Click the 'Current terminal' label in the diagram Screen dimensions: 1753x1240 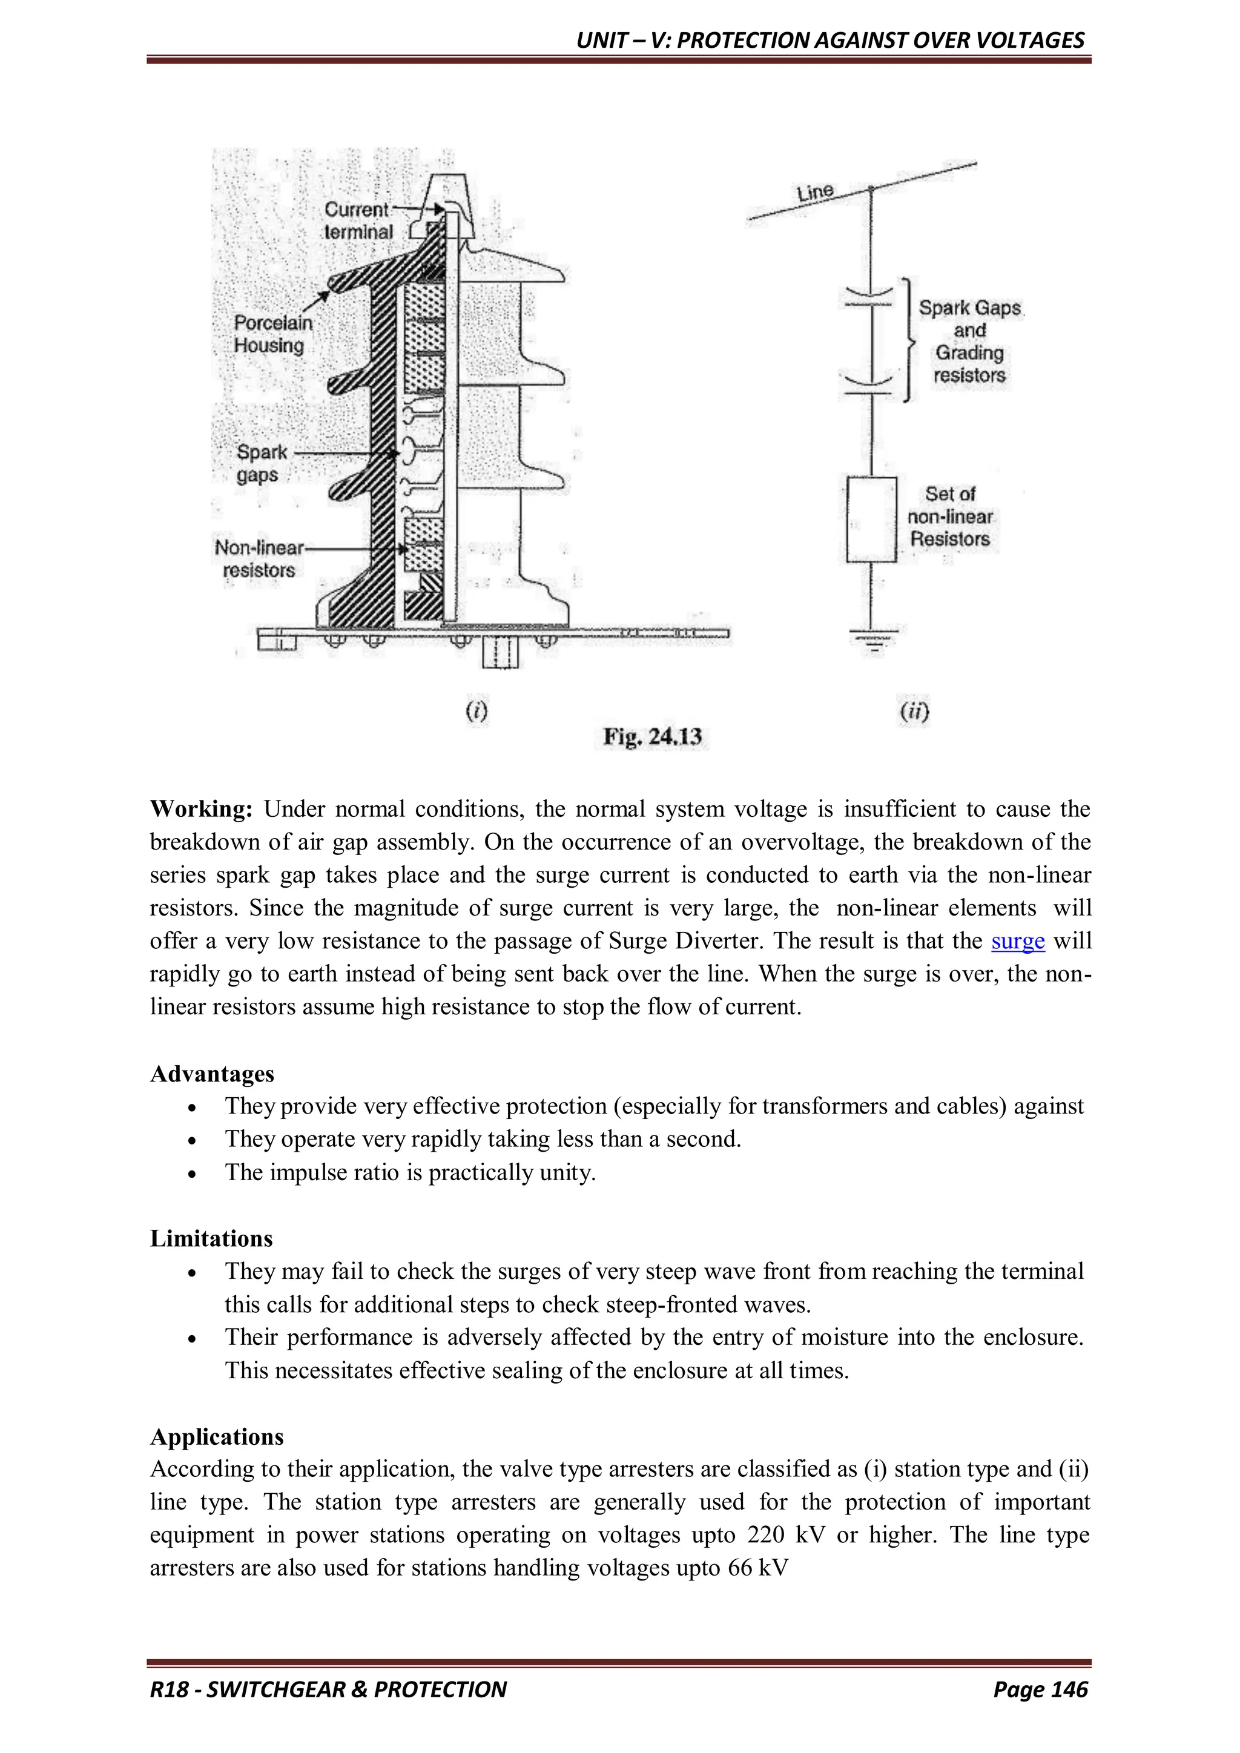click(357, 220)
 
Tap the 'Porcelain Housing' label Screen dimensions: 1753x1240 click(272, 334)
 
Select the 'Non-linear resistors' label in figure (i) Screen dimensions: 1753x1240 click(259, 558)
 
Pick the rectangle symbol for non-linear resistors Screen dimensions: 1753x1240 click(871, 519)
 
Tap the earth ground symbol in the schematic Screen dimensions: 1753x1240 click(872, 640)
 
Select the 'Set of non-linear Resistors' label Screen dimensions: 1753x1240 click(949, 517)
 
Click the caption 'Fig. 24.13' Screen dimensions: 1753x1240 click(652, 737)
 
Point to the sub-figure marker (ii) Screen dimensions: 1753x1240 click(914, 711)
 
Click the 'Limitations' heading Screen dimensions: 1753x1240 click(211, 1238)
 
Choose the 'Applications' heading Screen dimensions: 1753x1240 click(217, 1436)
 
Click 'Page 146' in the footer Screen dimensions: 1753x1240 click(1040, 1689)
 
